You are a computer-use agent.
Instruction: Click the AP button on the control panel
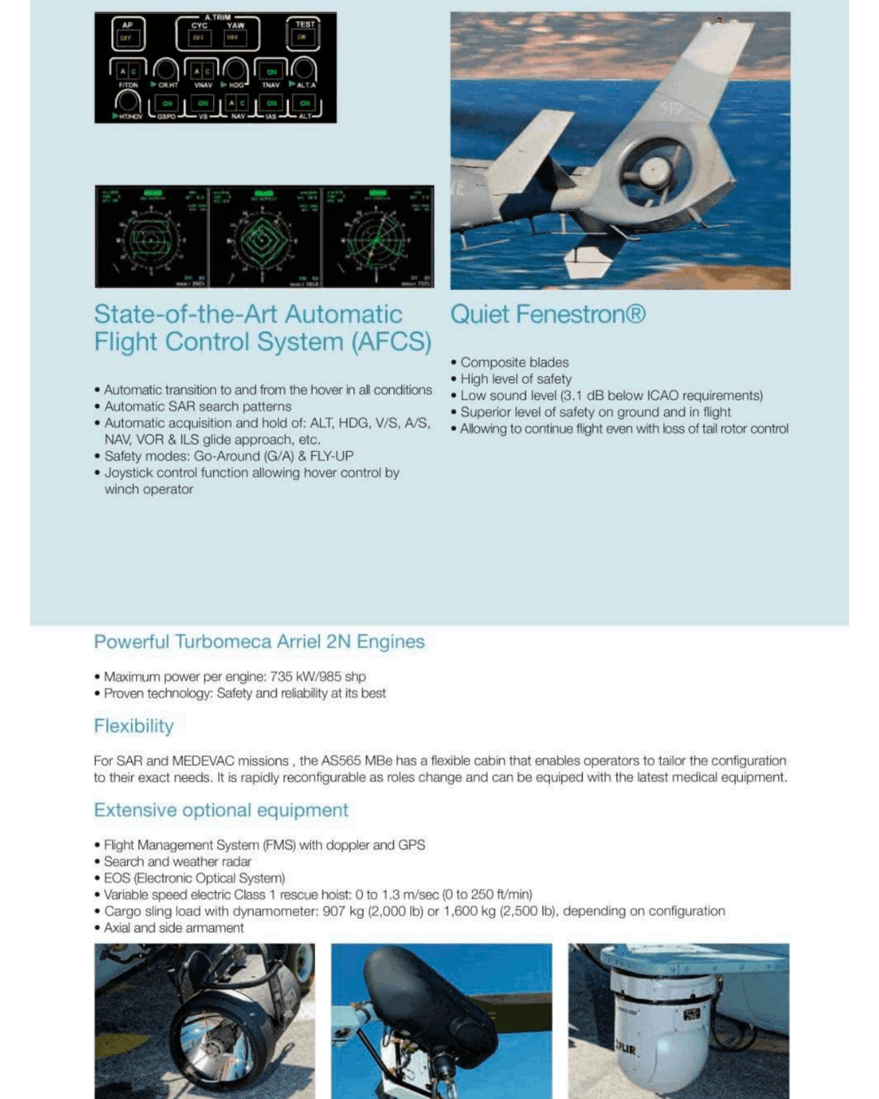[x=127, y=33]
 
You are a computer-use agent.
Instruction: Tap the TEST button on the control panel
[x=304, y=33]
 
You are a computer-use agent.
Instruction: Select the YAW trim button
[x=234, y=34]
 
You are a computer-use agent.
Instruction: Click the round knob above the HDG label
[x=236, y=71]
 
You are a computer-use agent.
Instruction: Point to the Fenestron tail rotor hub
[x=654, y=171]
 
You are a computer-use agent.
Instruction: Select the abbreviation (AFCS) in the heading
[x=391, y=342]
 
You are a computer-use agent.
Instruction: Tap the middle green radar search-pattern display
[x=265, y=237]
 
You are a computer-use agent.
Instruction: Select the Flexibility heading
[x=133, y=726]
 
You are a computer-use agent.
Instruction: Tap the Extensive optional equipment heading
[x=221, y=810]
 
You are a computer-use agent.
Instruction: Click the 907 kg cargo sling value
[x=344, y=911]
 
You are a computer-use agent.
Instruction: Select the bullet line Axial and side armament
[x=173, y=928]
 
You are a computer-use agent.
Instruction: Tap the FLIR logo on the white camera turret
[x=625, y=1049]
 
